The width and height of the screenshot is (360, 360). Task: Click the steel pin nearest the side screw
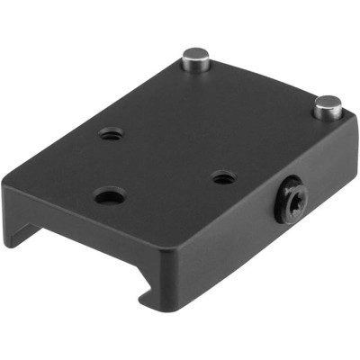[327, 109]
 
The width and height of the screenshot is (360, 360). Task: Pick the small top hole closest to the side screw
[223, 177]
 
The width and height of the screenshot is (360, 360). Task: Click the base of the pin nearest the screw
[327, 118]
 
